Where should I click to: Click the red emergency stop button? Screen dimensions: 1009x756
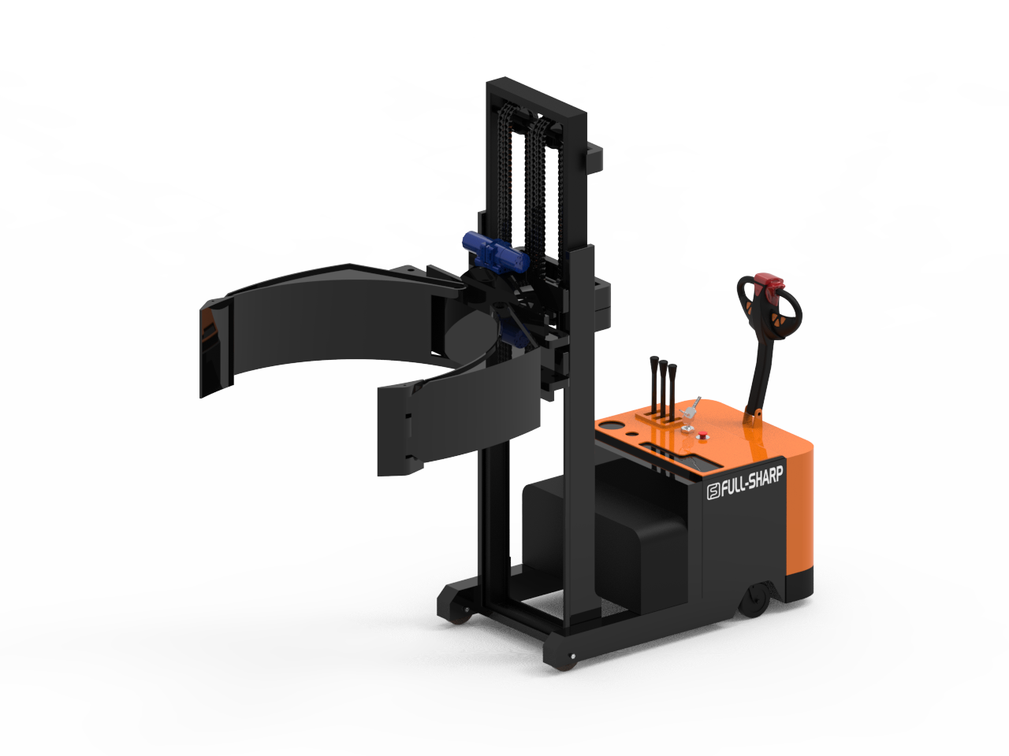point(702,435)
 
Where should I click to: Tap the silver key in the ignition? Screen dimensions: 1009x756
point(691,408)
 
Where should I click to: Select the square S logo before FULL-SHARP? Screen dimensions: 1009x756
point(713,492)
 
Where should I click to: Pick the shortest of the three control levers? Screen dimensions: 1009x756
point(672,391)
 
